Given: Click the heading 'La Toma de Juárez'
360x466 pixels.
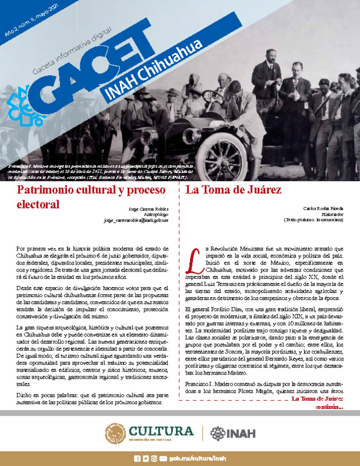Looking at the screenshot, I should (233, 190).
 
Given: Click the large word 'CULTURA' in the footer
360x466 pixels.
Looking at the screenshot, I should (161, 431).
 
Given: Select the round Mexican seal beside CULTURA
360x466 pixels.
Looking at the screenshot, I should (115, 433).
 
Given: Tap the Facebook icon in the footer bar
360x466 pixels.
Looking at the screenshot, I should (137, 458).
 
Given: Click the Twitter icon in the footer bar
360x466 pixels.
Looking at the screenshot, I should (145, 458).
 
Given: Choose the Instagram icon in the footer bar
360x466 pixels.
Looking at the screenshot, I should (154, 458).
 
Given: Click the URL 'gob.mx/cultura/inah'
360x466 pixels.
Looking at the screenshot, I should (197, 458).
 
